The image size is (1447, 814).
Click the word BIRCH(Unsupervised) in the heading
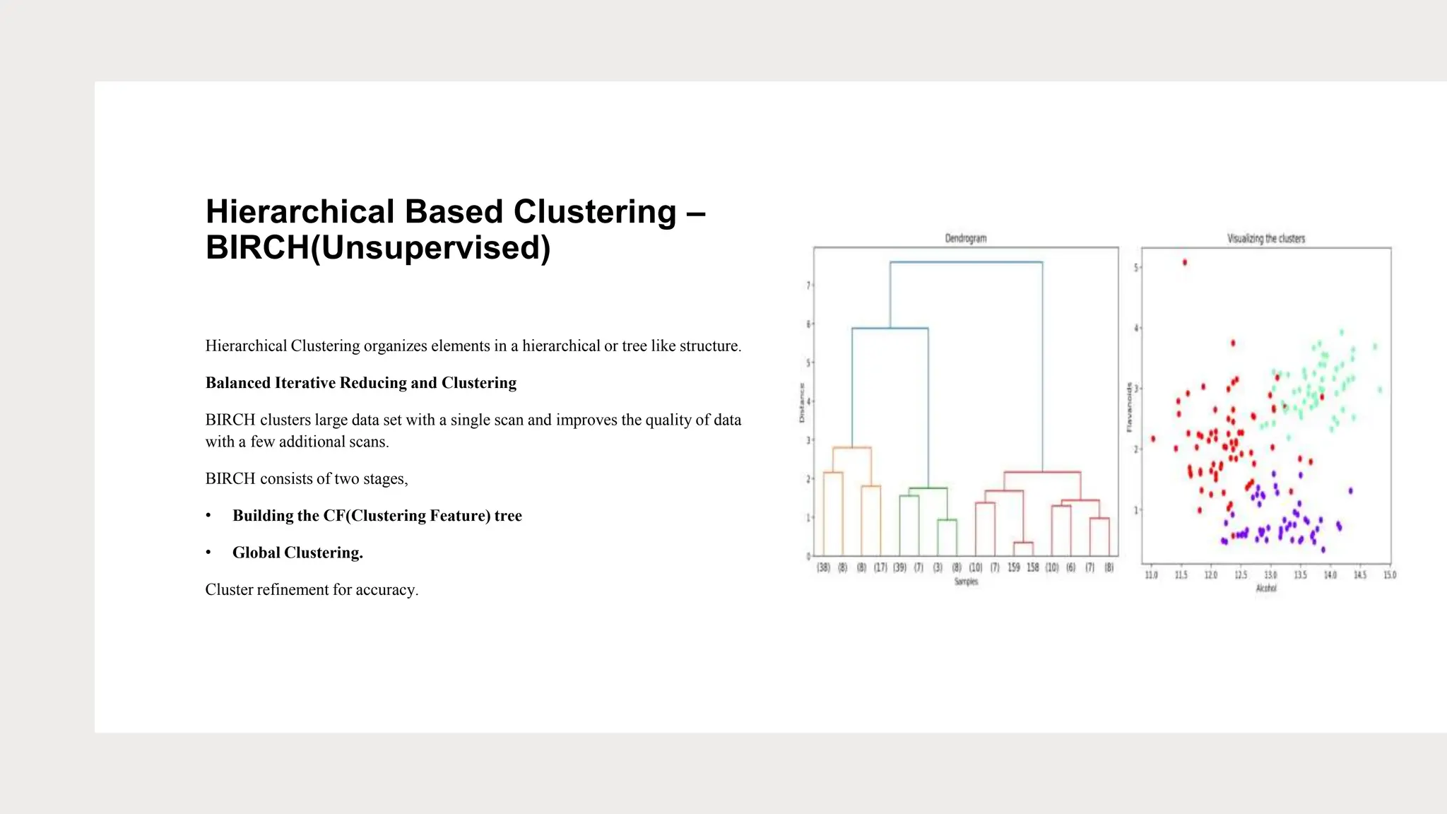point(378,248)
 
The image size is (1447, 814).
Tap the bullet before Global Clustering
point(208,553)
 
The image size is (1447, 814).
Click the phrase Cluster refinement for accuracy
point(312,590)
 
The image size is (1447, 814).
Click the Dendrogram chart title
point(965,239)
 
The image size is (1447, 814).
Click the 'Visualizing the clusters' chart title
point(1265,239)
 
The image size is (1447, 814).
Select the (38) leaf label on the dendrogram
point(823,567)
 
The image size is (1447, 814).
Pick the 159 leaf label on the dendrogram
point(1013,567)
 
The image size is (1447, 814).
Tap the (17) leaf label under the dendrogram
point(880,567)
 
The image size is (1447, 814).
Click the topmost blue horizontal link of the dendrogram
point(966,262)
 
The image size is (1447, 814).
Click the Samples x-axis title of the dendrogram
point(966,582)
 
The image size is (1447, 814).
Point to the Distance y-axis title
point(802,403)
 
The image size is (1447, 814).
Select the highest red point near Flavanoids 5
point(1185,263)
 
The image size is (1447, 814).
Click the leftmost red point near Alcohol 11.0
point(1153,439)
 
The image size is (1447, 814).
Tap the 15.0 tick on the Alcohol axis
point(1389,575)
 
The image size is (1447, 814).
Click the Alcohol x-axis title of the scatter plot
point(1265,588)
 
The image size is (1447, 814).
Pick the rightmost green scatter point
point(1380,389)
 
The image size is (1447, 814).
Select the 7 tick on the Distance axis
point(808,285)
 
